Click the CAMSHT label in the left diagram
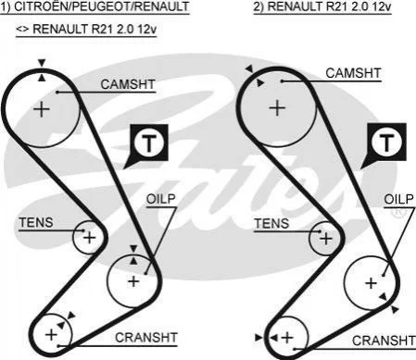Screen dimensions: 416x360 point(128,84)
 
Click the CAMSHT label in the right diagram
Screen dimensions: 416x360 point(353,73)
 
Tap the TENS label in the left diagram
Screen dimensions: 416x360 point(36,222)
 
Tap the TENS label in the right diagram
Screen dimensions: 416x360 point(271,223)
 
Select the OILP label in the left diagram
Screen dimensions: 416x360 point(161,199)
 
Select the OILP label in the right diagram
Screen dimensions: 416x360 point(398,199)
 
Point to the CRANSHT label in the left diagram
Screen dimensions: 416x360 point(146,338)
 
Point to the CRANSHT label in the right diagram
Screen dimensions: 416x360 point(384,341)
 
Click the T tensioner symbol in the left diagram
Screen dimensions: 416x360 point(149,143)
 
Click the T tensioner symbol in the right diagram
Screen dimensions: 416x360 point(386,142)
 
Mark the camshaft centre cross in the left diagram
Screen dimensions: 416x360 point(42,109)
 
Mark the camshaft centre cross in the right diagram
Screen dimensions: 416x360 point(277,108)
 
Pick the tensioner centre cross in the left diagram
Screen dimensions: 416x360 point(90,238)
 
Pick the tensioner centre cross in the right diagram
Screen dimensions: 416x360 point(326,239)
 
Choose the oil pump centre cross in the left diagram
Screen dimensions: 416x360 point(133,281)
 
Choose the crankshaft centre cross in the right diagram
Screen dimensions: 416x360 point(287,338)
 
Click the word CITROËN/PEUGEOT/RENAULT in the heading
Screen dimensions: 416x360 point(102,6)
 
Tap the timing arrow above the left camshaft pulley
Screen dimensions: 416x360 point(42,63)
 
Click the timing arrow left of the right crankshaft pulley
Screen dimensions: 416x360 point(258,338)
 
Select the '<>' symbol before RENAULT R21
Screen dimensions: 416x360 point(22,29)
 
